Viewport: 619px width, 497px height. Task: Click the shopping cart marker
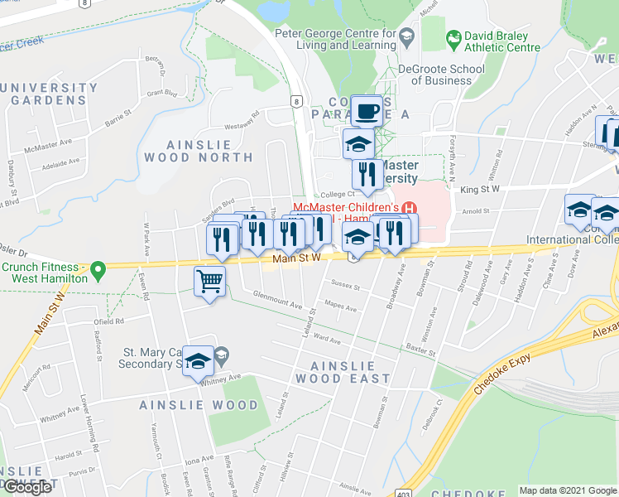(209, 282)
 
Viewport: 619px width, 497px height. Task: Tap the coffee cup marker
(366, 110)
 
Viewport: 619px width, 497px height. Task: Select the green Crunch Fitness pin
(98, 269)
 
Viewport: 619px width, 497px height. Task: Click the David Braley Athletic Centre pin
(453, 38)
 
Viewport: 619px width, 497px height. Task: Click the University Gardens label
(50, 94)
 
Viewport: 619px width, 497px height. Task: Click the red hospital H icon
(406, 206)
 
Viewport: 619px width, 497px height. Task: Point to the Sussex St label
(344, 285)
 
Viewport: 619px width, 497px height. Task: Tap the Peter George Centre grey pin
(406, 37)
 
